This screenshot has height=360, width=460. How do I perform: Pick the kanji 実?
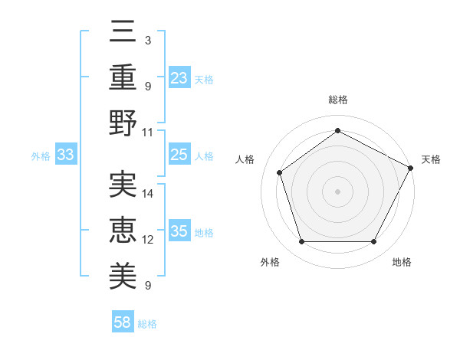123,183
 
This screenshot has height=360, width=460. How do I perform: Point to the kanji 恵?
123,227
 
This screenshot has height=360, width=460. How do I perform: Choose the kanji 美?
123,272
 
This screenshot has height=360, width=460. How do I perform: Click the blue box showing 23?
179,78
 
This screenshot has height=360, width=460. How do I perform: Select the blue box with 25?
179,155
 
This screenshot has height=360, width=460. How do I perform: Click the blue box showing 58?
123,322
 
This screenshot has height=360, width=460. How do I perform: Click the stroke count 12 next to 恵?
149,240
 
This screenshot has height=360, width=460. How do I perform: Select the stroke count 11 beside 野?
149,132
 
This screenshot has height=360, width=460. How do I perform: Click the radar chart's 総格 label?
337,100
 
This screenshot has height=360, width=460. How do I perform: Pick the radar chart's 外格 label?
270,262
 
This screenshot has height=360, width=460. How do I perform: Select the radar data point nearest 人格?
280,172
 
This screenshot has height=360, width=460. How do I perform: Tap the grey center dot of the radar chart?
337,191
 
